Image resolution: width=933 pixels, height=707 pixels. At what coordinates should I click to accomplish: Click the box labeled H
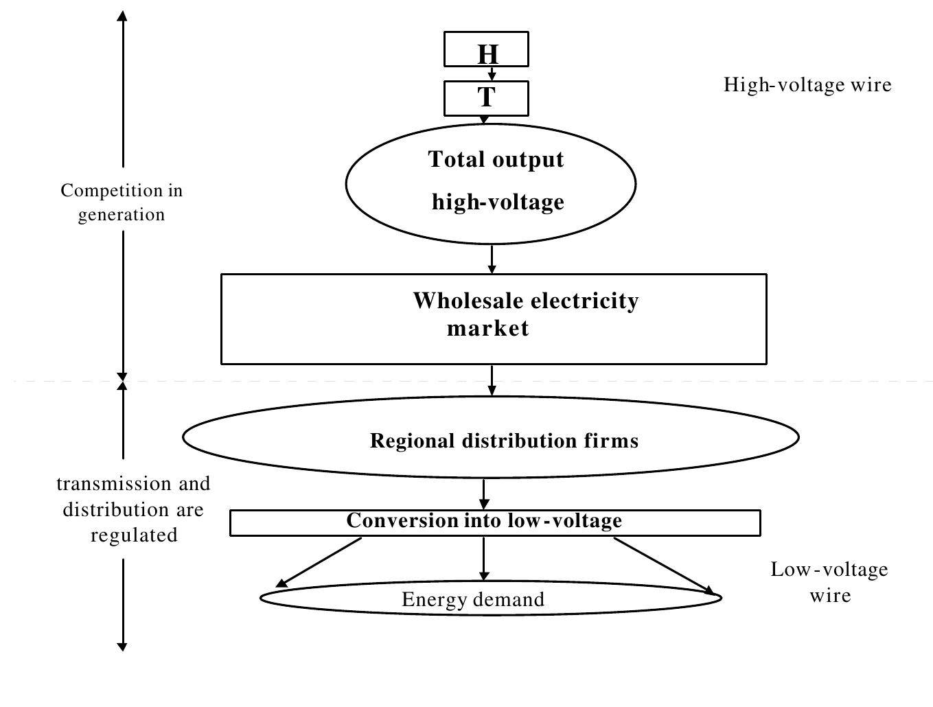(486, 49)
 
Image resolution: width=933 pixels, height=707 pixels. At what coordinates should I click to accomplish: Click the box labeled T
(486, 98)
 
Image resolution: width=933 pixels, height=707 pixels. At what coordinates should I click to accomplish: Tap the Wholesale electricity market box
(493, 318)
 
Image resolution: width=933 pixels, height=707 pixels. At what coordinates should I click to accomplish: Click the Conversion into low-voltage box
(494, 522)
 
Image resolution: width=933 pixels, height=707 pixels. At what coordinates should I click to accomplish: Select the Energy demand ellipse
(490, 599)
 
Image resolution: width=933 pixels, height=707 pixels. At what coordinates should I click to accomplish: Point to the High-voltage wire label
(807, 84)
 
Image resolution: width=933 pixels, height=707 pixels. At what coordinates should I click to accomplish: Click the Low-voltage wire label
(829, 581)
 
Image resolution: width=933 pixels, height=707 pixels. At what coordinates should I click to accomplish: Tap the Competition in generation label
(122, 202)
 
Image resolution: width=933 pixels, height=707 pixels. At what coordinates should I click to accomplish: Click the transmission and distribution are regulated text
(133, 509)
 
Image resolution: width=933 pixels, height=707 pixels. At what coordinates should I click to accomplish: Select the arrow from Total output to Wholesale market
(492, 259)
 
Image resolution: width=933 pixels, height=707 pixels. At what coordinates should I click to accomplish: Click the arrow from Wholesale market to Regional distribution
(492, 380)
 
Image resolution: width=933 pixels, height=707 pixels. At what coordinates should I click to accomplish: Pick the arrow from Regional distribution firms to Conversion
(484, 494)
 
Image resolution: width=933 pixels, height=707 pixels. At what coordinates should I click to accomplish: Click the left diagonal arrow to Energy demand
(319, 563)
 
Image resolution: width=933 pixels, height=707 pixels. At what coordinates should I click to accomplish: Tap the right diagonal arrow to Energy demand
(663, 565)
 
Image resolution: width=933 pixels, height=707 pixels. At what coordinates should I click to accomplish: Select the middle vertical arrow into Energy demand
(484, 559)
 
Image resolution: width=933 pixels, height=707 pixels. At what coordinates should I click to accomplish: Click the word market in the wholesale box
(487, 328)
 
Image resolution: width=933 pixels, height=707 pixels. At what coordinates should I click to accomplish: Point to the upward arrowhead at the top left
(122, 16)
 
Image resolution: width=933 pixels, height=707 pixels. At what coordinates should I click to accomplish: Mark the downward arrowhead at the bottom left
(122, 645)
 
